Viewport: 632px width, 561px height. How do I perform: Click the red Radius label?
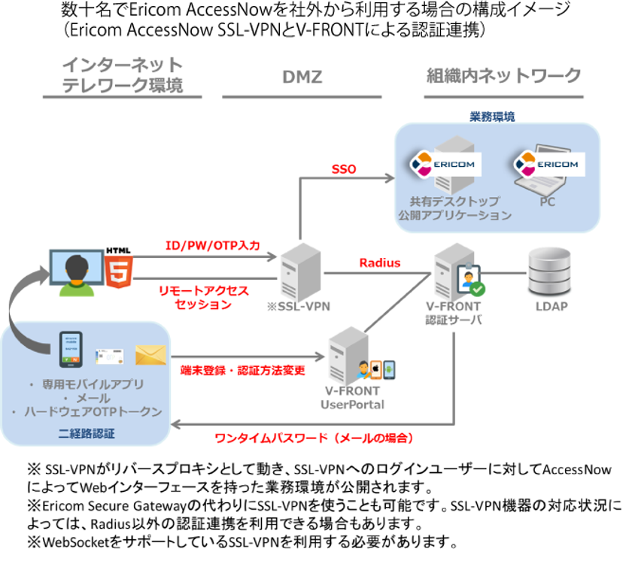point(379,263)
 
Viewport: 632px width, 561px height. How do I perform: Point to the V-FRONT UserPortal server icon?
point(348,356)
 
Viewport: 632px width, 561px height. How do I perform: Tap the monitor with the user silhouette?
point(75,272)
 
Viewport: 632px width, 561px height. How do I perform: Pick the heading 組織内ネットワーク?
point(503,76)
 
